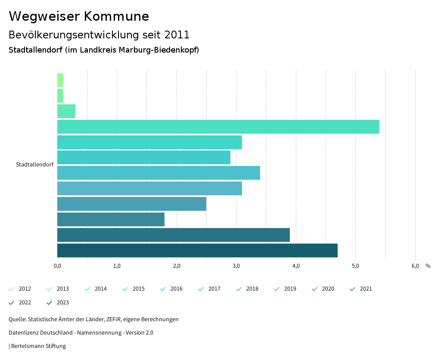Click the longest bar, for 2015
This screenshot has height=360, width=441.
pos(218,127)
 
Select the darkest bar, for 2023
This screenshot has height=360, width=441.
pos(197,250)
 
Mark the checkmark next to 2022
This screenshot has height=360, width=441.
pos(12,303)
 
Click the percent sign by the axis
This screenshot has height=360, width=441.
pos(428,266)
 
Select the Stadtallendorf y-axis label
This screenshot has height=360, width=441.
pos(34,165)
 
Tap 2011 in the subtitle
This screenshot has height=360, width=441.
pos(177,34)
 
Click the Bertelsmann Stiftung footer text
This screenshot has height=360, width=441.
pos(38,346)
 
